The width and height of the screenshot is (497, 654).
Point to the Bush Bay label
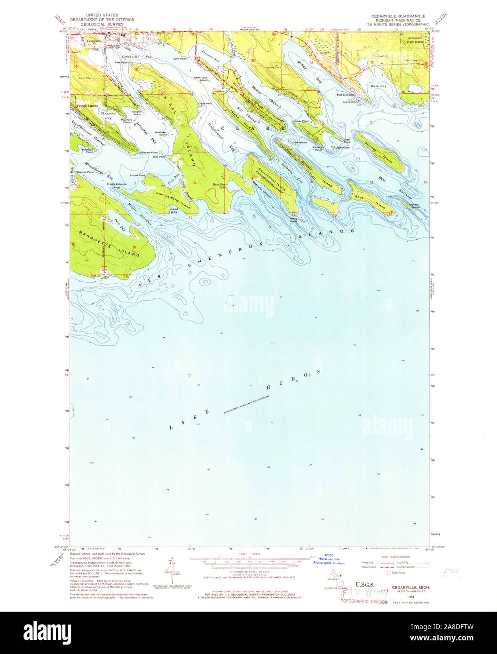click(378, 86)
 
